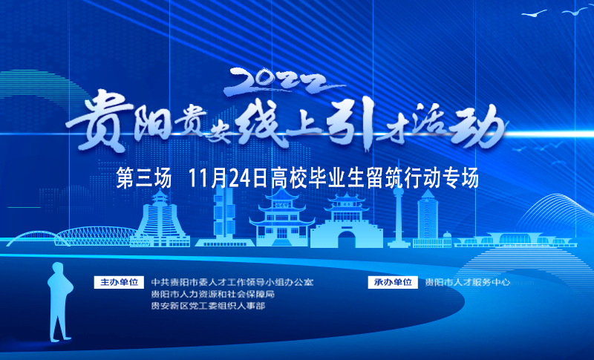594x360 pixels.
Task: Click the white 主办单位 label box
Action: (119, 282)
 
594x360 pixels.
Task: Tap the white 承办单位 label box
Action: (393, 282)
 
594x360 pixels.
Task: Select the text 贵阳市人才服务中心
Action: (468, 282)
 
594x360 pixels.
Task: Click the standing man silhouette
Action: (59, 301)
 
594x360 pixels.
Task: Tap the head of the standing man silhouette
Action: (58, 269)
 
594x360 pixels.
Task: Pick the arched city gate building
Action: (346, 220)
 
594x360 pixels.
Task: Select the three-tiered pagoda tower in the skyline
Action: (281, 217)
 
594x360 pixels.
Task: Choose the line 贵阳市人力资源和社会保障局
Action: (213, 294)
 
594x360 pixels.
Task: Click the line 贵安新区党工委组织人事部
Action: (208, 306)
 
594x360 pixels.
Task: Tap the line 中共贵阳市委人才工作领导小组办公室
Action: (232, 282)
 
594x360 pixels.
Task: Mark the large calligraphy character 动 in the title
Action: (478, 127)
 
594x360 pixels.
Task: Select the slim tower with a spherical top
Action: (398, 216)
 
